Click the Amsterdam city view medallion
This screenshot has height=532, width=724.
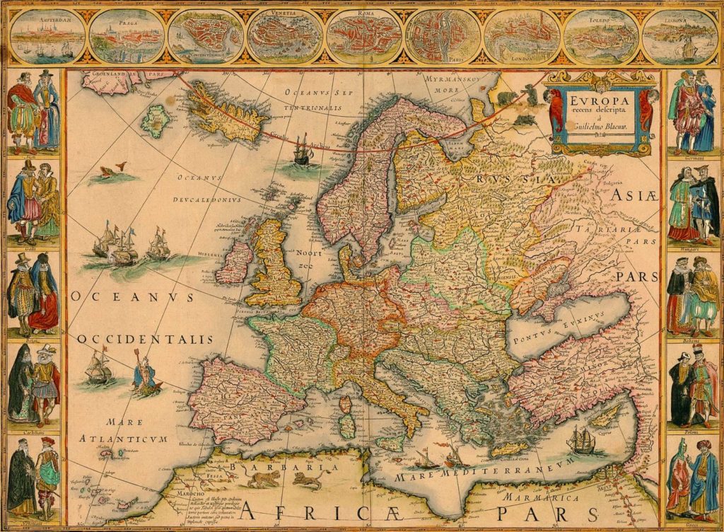pyautogui.click(x=47, y=35)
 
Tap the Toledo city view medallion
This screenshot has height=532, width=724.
pyautogui.click(x=602, y=35)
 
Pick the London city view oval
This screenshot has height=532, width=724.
pyautogui.click(x=523, y=35)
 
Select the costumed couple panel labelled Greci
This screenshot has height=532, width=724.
pyautogui.click(x=692, y=481)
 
